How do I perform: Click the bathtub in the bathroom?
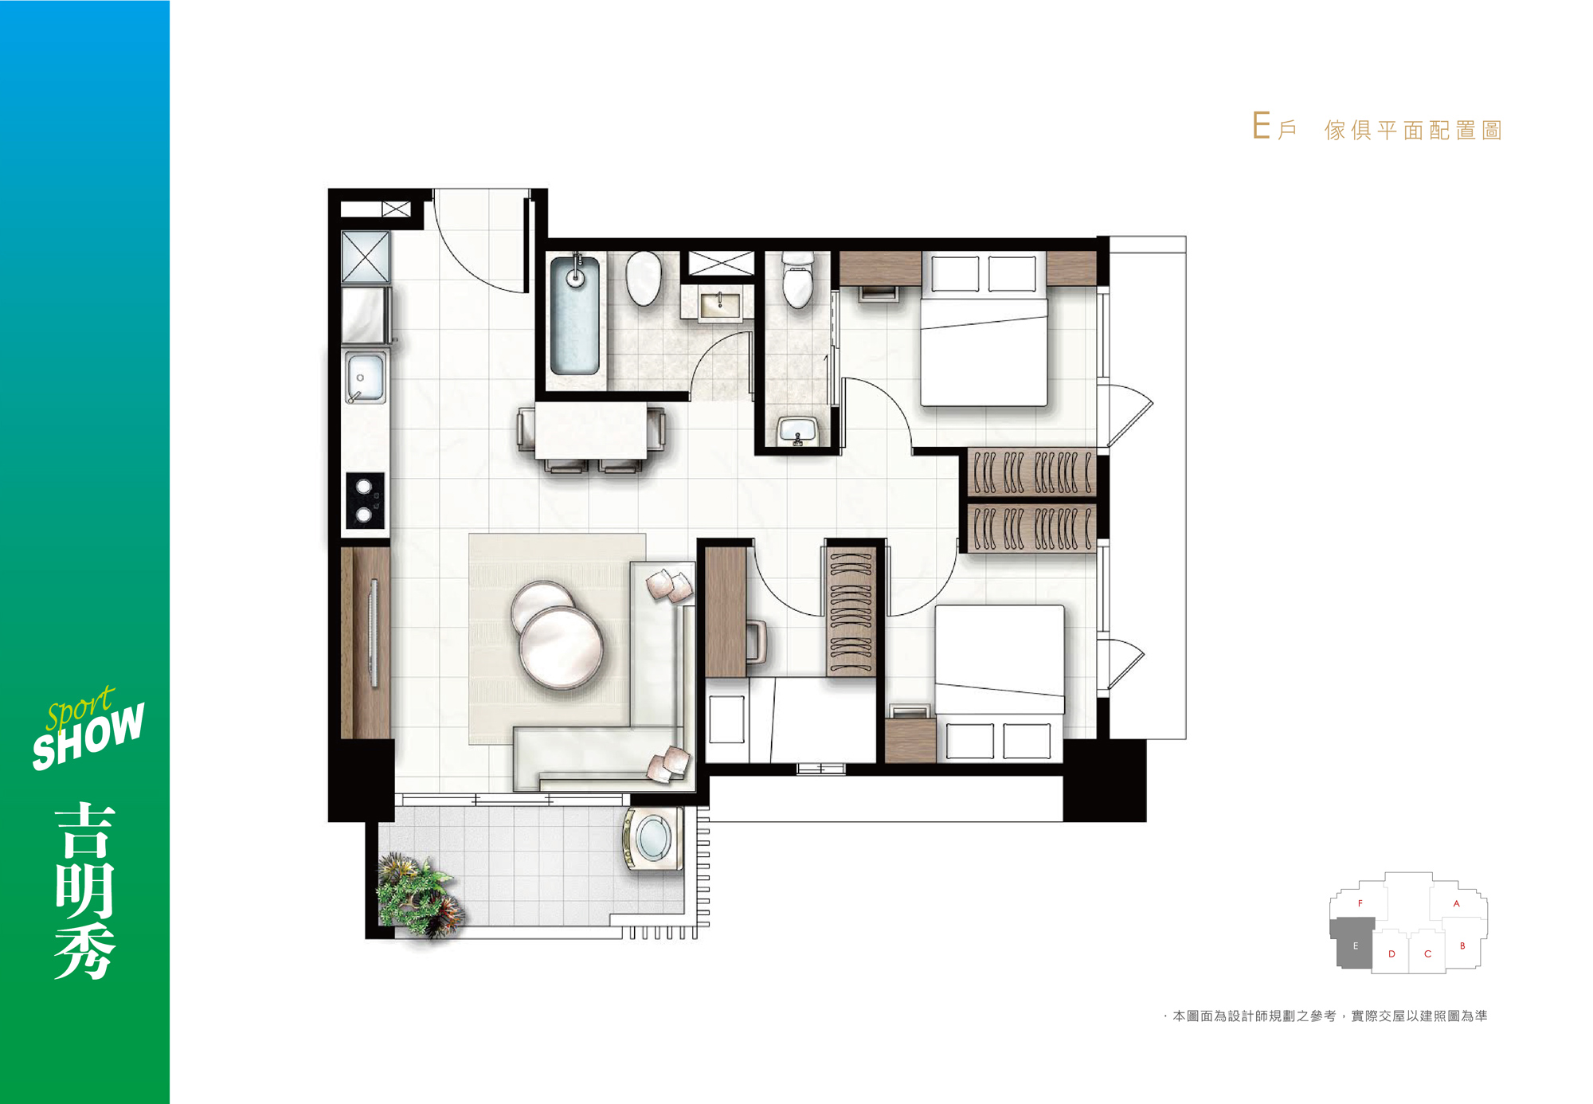574,315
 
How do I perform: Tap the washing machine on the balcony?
654,840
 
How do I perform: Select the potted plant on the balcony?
418,896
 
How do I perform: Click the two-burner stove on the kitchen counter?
365,500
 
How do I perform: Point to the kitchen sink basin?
365,378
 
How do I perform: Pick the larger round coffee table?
561,646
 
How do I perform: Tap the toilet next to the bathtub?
644,279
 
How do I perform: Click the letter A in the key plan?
1456,903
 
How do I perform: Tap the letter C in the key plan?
1427,953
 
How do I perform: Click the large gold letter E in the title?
1261,126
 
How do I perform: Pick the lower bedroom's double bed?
1000,683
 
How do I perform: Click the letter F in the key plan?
1360,903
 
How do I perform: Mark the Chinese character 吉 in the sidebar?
85,831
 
